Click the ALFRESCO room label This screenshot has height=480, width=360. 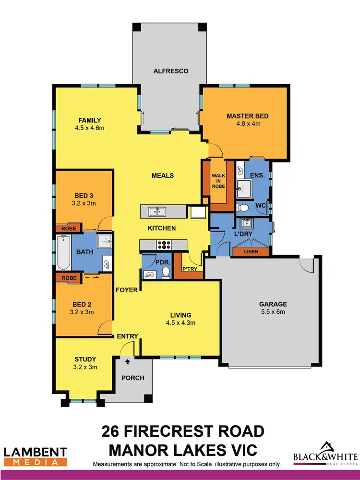170,71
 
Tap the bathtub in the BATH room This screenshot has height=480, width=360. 63,253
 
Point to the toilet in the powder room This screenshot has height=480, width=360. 166,272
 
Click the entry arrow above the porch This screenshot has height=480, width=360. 128,362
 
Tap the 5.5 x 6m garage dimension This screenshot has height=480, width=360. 273,313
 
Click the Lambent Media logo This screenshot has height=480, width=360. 36,456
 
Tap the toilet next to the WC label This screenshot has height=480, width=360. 243,208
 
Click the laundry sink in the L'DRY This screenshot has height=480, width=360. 247,223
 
